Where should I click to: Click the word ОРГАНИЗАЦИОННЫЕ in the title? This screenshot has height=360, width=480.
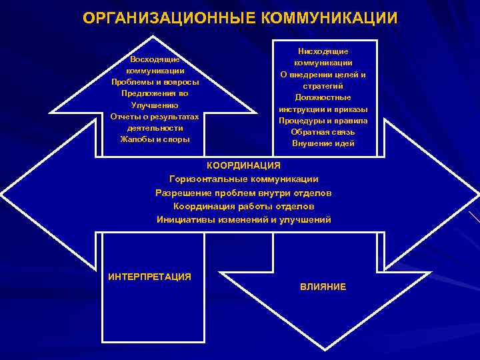tap(171, 18)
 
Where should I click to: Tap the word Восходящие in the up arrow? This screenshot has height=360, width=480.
tap(155, 59)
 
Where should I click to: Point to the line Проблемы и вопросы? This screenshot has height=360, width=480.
tap(155, 82)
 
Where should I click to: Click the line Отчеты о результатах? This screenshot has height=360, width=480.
tap(155, 117)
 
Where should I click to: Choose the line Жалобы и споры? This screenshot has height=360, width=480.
tap(155, 139)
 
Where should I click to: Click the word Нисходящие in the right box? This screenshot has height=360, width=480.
tap(323, 51)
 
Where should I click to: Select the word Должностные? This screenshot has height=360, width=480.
tap(323, 97)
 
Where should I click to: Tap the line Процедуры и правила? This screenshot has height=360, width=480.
tap(323, 121)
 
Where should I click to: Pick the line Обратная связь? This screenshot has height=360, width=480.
tap(323, 132)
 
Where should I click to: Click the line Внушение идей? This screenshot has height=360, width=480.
tap(323, 143)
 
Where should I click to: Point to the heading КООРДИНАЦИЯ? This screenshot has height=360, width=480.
tap(244, 165)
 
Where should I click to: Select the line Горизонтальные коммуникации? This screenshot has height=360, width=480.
tap(244, 179)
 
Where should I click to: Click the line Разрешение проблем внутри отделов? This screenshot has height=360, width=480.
tap(244, 193)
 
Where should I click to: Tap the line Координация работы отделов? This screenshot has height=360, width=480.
tap(244, 206)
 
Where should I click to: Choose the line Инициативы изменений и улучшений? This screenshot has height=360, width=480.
tap(244, 219)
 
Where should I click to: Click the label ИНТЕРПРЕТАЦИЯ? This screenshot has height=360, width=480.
tap(149, 277)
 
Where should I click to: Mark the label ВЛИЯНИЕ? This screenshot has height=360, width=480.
tap(323, 287)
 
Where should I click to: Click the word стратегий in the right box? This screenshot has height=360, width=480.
tap(323, 86)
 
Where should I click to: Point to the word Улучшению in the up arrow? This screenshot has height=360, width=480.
tap(155, 105)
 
